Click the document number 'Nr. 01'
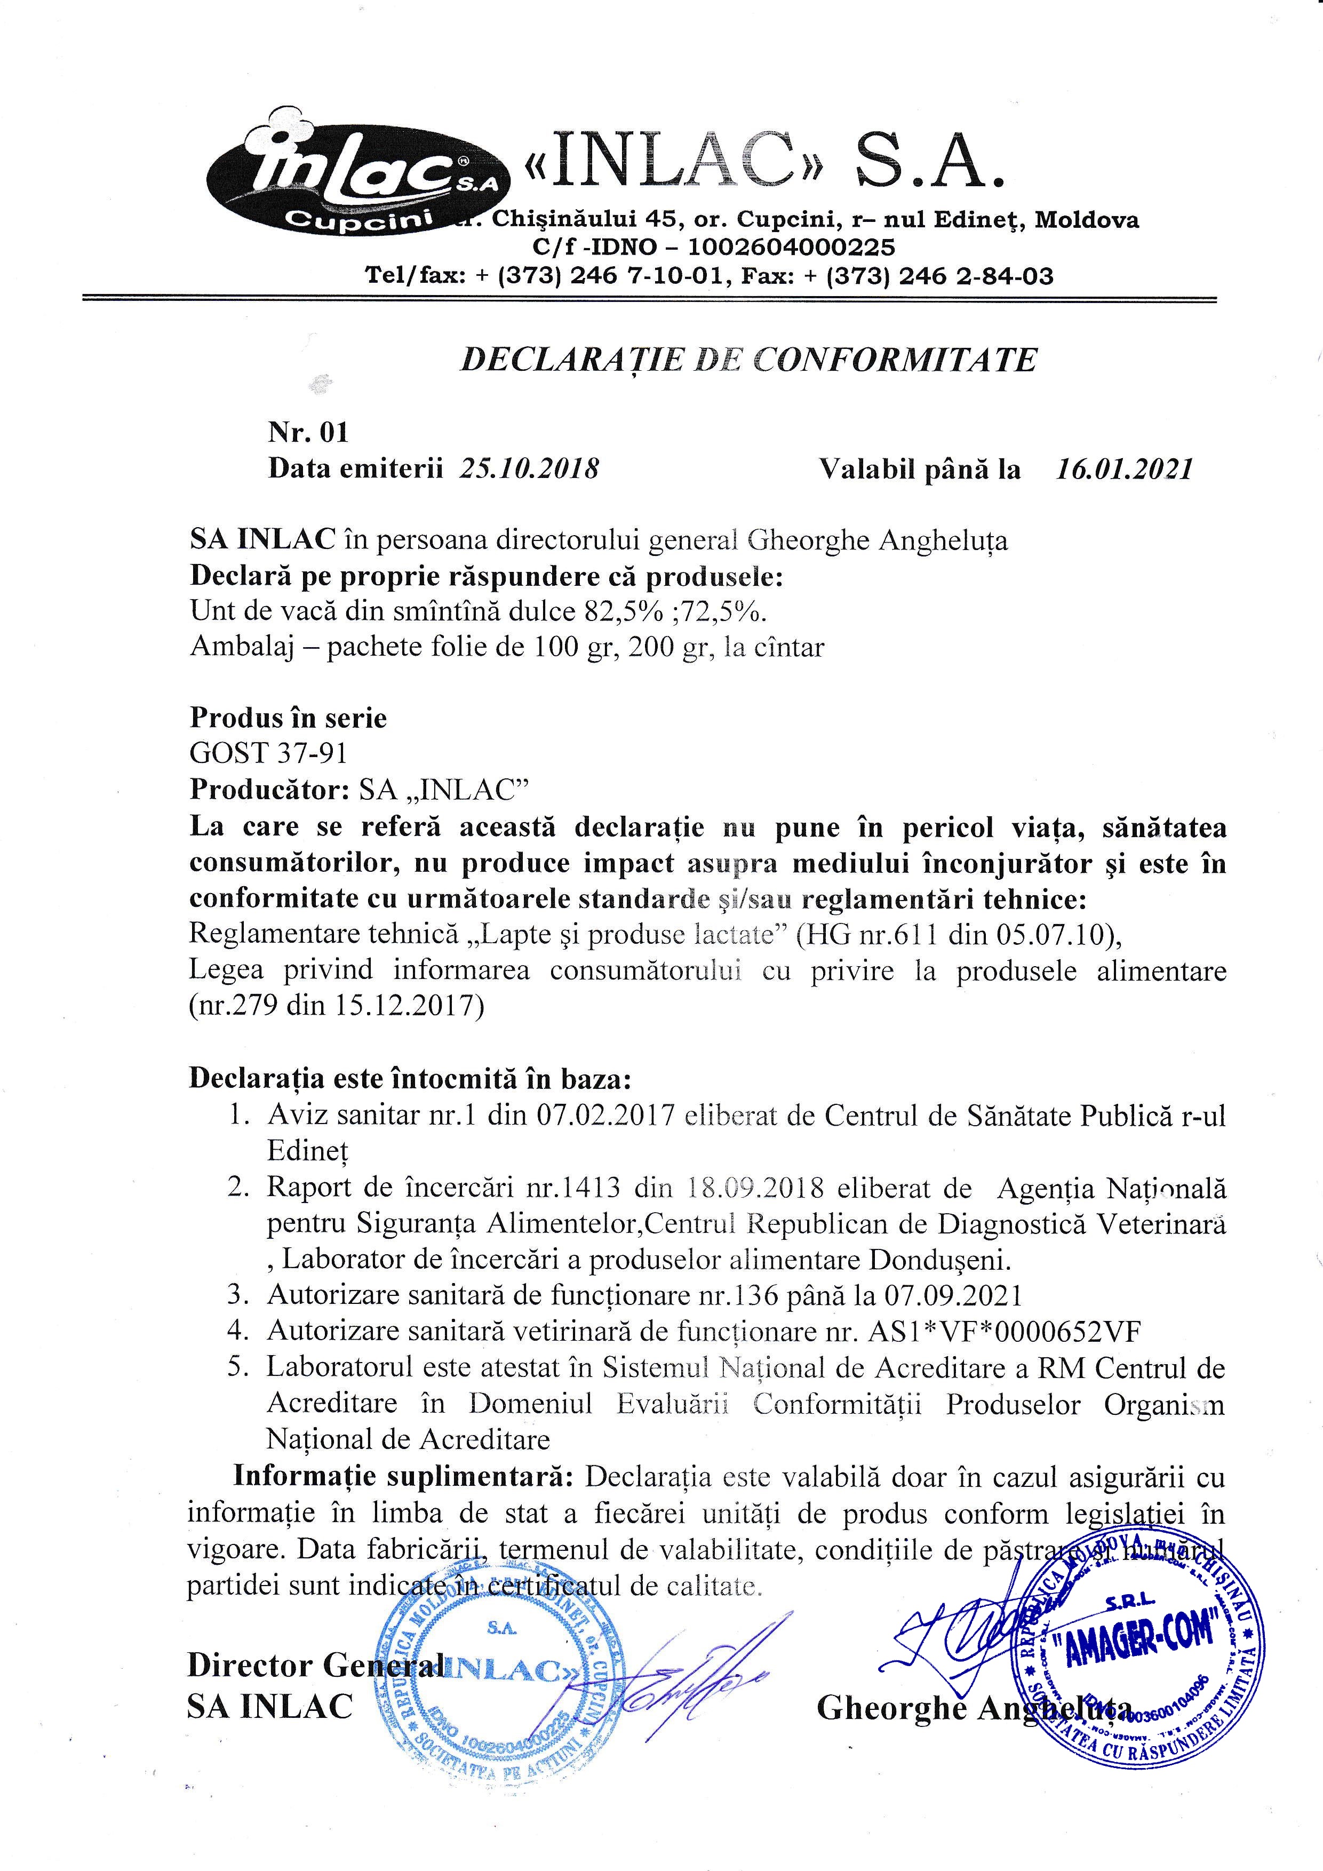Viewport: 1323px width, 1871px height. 308,432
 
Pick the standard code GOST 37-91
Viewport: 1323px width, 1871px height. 269,753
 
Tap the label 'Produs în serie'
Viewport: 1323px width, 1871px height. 289,718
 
